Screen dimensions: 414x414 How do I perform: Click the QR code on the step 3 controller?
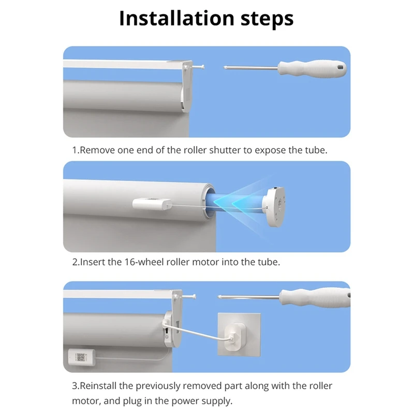[81, 357]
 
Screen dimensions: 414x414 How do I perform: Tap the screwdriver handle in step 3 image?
[314, 297]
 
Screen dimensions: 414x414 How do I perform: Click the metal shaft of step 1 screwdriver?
[251, 67]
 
